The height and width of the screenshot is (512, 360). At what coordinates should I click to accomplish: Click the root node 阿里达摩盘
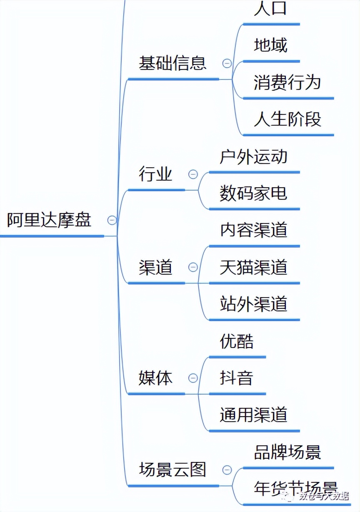point(49,220)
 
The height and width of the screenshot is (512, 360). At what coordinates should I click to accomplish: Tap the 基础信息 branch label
point(172,63)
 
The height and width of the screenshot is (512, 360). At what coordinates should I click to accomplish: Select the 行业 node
point(155,174)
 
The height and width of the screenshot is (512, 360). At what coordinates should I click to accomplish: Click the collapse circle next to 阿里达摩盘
point(112,220)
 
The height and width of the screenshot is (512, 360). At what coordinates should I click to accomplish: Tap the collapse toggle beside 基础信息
point(227,63)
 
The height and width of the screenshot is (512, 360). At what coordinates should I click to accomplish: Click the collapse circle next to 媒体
point(193,378)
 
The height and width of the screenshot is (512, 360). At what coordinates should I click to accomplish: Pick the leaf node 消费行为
point(287,82)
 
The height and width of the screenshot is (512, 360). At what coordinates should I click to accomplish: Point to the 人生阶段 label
point(287,119)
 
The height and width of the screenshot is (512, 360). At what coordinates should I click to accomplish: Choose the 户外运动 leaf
point(253,157)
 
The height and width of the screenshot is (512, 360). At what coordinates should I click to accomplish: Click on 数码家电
point(253,193)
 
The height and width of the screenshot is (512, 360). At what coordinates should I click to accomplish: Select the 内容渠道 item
point(253,230)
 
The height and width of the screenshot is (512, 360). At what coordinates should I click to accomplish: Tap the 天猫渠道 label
point(253,267)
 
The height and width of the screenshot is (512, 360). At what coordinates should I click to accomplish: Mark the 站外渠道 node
point(253,304)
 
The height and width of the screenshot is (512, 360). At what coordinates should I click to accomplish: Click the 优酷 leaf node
point(237,341)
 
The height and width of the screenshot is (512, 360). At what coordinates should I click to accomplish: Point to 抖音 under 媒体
point(237,378)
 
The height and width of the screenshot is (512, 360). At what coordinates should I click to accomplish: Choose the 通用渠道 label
point(253,415)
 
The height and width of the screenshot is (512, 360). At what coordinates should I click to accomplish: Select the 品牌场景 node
point(287,452)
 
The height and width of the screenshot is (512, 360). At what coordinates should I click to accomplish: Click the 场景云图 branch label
point(172,470)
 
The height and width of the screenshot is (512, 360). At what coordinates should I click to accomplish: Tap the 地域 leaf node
point(271,45)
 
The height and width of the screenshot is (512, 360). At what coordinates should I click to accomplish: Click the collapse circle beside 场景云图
point(227,470)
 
